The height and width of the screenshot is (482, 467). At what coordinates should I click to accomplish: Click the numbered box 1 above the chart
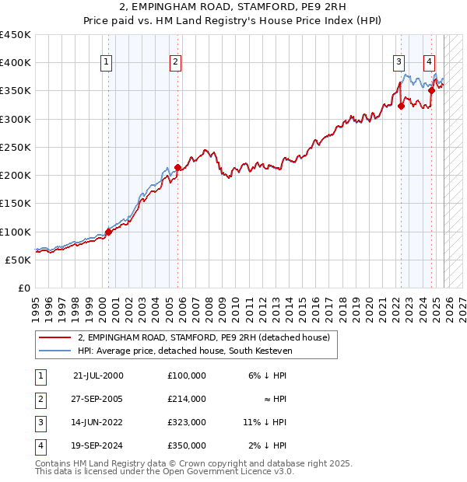(x=105, y=62)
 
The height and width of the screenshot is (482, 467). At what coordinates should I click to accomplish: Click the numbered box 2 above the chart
(x=176, y=62)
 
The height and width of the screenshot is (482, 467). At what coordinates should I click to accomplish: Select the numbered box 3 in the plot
(x=399, y=62)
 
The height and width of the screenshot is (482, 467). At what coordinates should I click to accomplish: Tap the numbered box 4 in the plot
(x=429, y=62)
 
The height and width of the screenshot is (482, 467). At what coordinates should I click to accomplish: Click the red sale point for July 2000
(x=108, y=232)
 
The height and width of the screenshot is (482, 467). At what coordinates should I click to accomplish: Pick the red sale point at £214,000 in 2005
(x=177, y=167)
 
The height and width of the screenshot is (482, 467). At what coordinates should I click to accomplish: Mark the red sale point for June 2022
(x=401, y=107)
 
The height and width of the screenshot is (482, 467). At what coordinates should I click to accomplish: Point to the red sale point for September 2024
(x=431, y=91)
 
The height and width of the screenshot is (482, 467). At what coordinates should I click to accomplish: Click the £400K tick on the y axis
(x=16, y=63)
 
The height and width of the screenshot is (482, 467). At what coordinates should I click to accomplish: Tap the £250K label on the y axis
(x=16, y=147)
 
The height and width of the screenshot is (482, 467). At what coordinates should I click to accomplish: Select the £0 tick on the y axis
(x=23, y=288)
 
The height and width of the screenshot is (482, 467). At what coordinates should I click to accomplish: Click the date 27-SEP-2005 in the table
(x=98, y=399)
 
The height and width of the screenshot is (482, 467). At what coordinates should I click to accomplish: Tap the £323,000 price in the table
(x=187, y=422)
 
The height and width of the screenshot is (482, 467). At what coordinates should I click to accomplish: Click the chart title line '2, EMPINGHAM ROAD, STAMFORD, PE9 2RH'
(x=233, y=8)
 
